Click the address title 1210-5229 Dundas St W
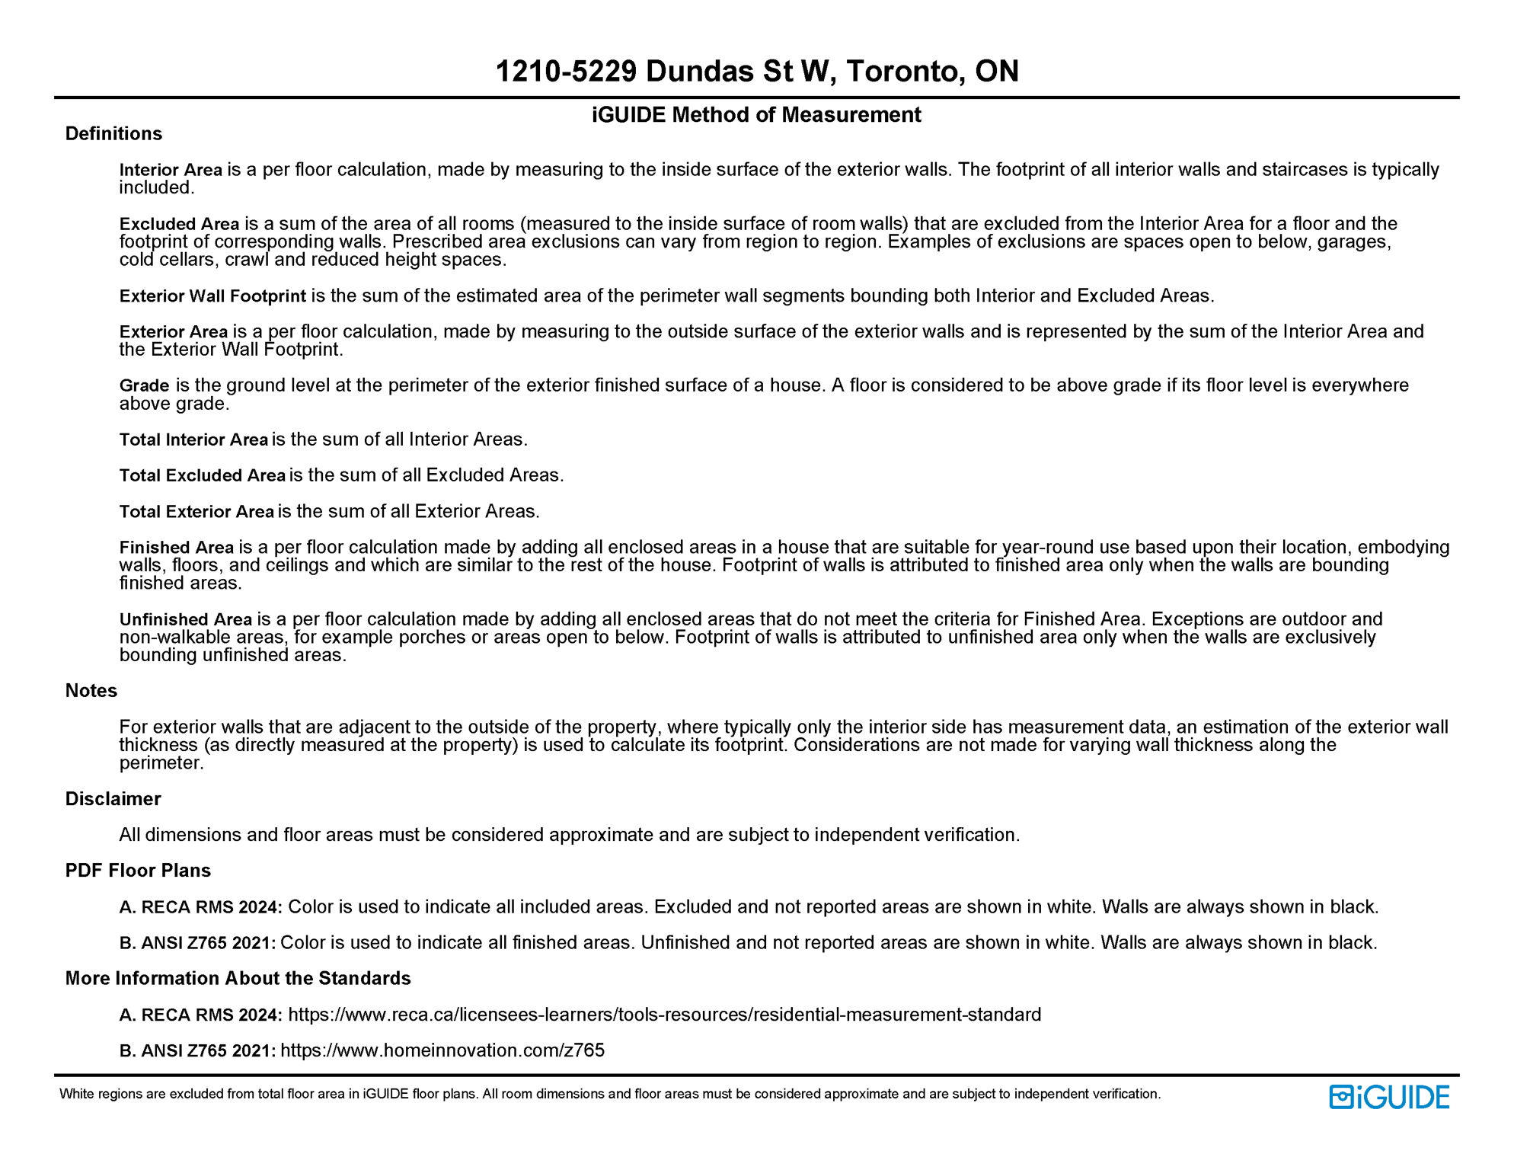point(756,72)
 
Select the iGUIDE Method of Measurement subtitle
point(756,115)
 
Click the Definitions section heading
point(113,134)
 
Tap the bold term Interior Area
point(171,170)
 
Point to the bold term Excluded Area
point(179,224)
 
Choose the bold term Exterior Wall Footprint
point(212,296)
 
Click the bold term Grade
point(144,385)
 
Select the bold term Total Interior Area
point(193,440)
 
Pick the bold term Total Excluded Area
point(202,475)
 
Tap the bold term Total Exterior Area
point(196,511)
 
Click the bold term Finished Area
point(177,548)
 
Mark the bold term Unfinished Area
point(186,619)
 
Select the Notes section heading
point(91,691)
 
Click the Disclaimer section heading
point(113,799)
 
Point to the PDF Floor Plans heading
point(138,871)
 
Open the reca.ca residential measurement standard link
point(664,1015)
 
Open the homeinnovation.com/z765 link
point(442,1050)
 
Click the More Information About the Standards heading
point(238,979)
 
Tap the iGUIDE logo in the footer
point(1389,1097)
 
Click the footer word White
point(75,1095)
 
